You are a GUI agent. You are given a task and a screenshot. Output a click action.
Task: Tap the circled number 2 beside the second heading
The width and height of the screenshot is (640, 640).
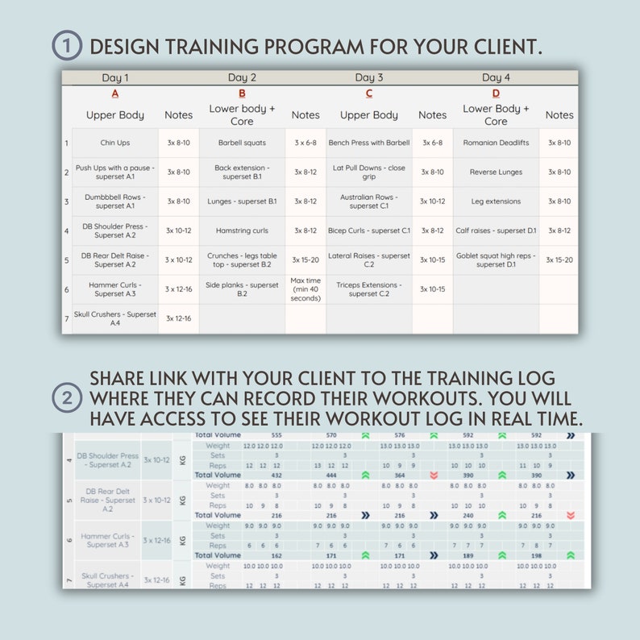(x=67, y=398)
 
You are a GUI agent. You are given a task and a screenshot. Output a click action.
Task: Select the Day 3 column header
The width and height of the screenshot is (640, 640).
(x=368, y=77)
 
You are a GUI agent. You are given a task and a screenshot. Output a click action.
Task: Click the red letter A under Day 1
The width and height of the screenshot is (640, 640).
(x=115, y=94)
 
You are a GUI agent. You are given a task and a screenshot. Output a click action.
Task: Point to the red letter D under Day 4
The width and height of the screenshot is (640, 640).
(x=496, y=94)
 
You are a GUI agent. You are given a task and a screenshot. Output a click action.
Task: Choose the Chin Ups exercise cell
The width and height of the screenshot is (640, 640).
(x=115, y=143)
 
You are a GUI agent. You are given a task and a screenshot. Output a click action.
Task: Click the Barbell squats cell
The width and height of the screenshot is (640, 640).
(x=242, y=143)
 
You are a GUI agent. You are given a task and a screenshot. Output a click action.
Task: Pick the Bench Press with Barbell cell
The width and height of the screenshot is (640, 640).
(x=369, y=143)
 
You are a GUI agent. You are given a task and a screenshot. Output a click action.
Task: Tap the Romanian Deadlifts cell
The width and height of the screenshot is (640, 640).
(x=496, y=143)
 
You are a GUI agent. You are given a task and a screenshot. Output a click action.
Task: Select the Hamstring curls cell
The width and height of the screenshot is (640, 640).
(x=242, y=231)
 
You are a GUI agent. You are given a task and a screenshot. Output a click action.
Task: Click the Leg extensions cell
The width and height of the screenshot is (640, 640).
(x=496, y=202)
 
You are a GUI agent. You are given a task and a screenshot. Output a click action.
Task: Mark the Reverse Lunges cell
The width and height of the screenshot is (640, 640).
(x=496, y=172)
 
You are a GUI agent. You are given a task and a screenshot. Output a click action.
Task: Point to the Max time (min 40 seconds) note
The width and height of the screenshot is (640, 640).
(x=305, y=289)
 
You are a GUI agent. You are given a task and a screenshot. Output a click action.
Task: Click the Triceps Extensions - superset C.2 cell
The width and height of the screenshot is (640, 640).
(x=369, y=289)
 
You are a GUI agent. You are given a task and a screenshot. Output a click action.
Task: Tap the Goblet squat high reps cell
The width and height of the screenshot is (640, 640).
(x=496, y=260)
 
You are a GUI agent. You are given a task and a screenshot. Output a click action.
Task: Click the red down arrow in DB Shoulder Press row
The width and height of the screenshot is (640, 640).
(x=434, y=476)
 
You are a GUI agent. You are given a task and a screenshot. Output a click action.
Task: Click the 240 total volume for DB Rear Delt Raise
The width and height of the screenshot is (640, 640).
(x=468, y=515)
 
